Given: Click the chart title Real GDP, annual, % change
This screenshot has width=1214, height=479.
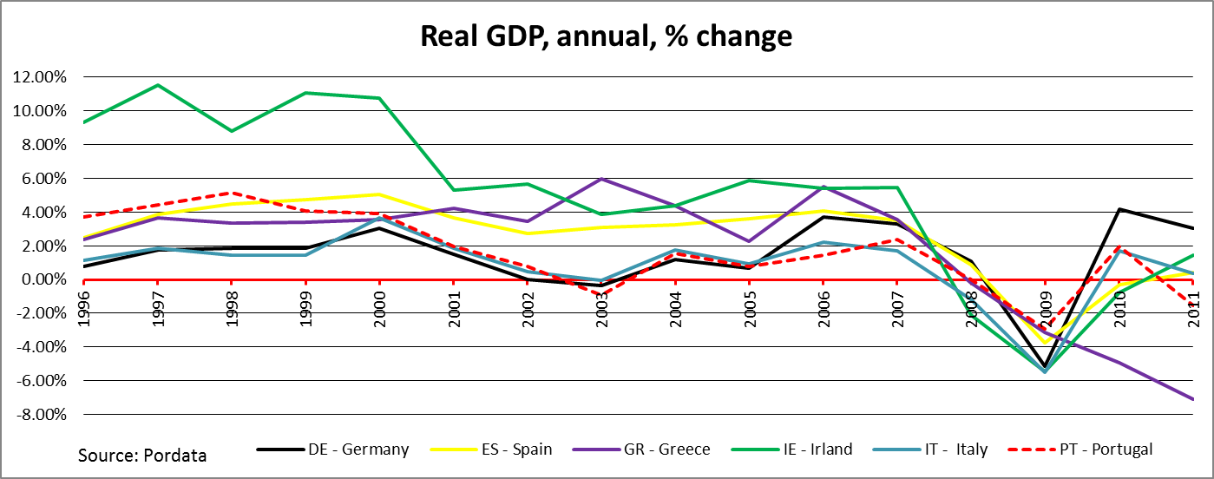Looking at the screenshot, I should point(606,36).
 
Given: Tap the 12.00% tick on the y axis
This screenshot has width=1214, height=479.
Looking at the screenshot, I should point(41,77).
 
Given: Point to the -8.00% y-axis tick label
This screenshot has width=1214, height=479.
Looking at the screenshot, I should point(39,415).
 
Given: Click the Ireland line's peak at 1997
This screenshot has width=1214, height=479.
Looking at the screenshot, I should point(157,85).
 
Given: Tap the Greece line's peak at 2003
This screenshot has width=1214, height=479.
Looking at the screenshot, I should point(601,179).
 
